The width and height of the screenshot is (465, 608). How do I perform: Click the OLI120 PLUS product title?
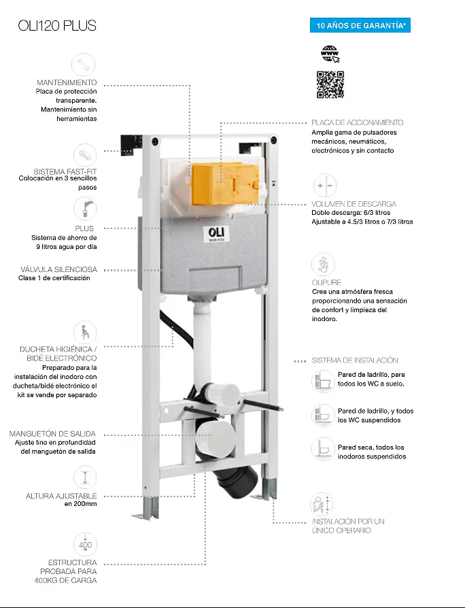[x=57, y=26]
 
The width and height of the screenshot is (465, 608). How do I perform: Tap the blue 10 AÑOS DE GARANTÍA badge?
[x=360, y=26]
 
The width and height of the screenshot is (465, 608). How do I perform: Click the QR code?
[x=330, y=84]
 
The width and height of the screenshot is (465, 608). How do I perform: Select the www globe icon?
[x=330, y=54]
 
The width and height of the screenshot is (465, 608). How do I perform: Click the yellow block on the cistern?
[x=226, y=184]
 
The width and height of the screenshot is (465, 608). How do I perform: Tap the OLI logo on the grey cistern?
[x=216, y=234]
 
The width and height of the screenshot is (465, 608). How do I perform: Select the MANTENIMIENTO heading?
[x=67, y=82]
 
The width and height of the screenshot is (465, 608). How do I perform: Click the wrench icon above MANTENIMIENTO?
[x=84, y=65]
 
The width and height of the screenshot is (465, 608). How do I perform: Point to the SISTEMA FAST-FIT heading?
[x=65, y=171]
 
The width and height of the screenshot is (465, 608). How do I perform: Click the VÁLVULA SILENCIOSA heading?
[x=59, y=269]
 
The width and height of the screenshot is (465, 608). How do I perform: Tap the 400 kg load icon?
[x=85, y=544]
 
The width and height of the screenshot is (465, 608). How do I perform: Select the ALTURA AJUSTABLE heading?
[x=61, y=496]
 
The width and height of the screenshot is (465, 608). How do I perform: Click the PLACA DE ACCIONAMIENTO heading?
[x=358, y=122]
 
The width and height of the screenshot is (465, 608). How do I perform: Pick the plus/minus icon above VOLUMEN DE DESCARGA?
[x=325, y=186]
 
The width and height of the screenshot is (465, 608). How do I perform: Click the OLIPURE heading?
[x=326, y=282]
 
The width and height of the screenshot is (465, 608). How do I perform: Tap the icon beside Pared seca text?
[x=323, y=450]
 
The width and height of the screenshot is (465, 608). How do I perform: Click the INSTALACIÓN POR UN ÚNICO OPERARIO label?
[x=348, y=526]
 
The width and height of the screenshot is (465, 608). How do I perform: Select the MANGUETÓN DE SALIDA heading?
[x=52, y=433]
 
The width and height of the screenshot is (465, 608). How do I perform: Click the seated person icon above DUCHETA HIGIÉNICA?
[x=85, y=333]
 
